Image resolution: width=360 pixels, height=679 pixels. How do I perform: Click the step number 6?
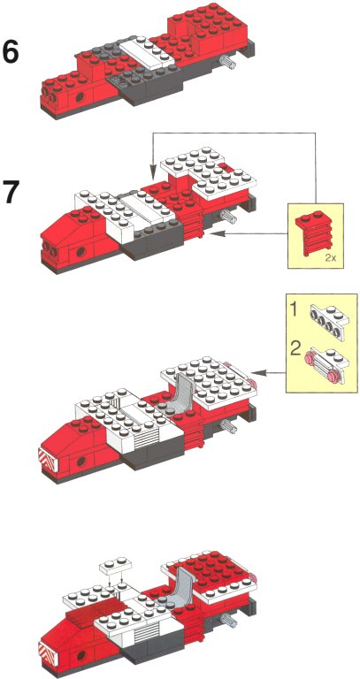pyautogui.click(x=11, y=51)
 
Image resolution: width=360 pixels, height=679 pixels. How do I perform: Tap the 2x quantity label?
pyautogui.click(x=330, y=259)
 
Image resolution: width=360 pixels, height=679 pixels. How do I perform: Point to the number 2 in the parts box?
pyautogui.click(x=296, y=349)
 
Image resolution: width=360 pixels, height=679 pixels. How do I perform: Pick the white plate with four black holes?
pyautogui.click(x=329, y=317)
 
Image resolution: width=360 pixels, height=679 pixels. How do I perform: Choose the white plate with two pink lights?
pyautogui.click(x=327, y=362)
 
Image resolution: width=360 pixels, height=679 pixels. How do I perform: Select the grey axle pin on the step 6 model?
pyautogui.click(x=227, y=62)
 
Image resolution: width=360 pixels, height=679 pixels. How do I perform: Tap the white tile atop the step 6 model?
pyautogui.click(x=147, y=53)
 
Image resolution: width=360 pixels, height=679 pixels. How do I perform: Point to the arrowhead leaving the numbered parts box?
pyautogui.click(x=258, y=371)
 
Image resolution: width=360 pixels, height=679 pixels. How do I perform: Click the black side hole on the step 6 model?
pyautogui.click(x=80, y=97)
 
